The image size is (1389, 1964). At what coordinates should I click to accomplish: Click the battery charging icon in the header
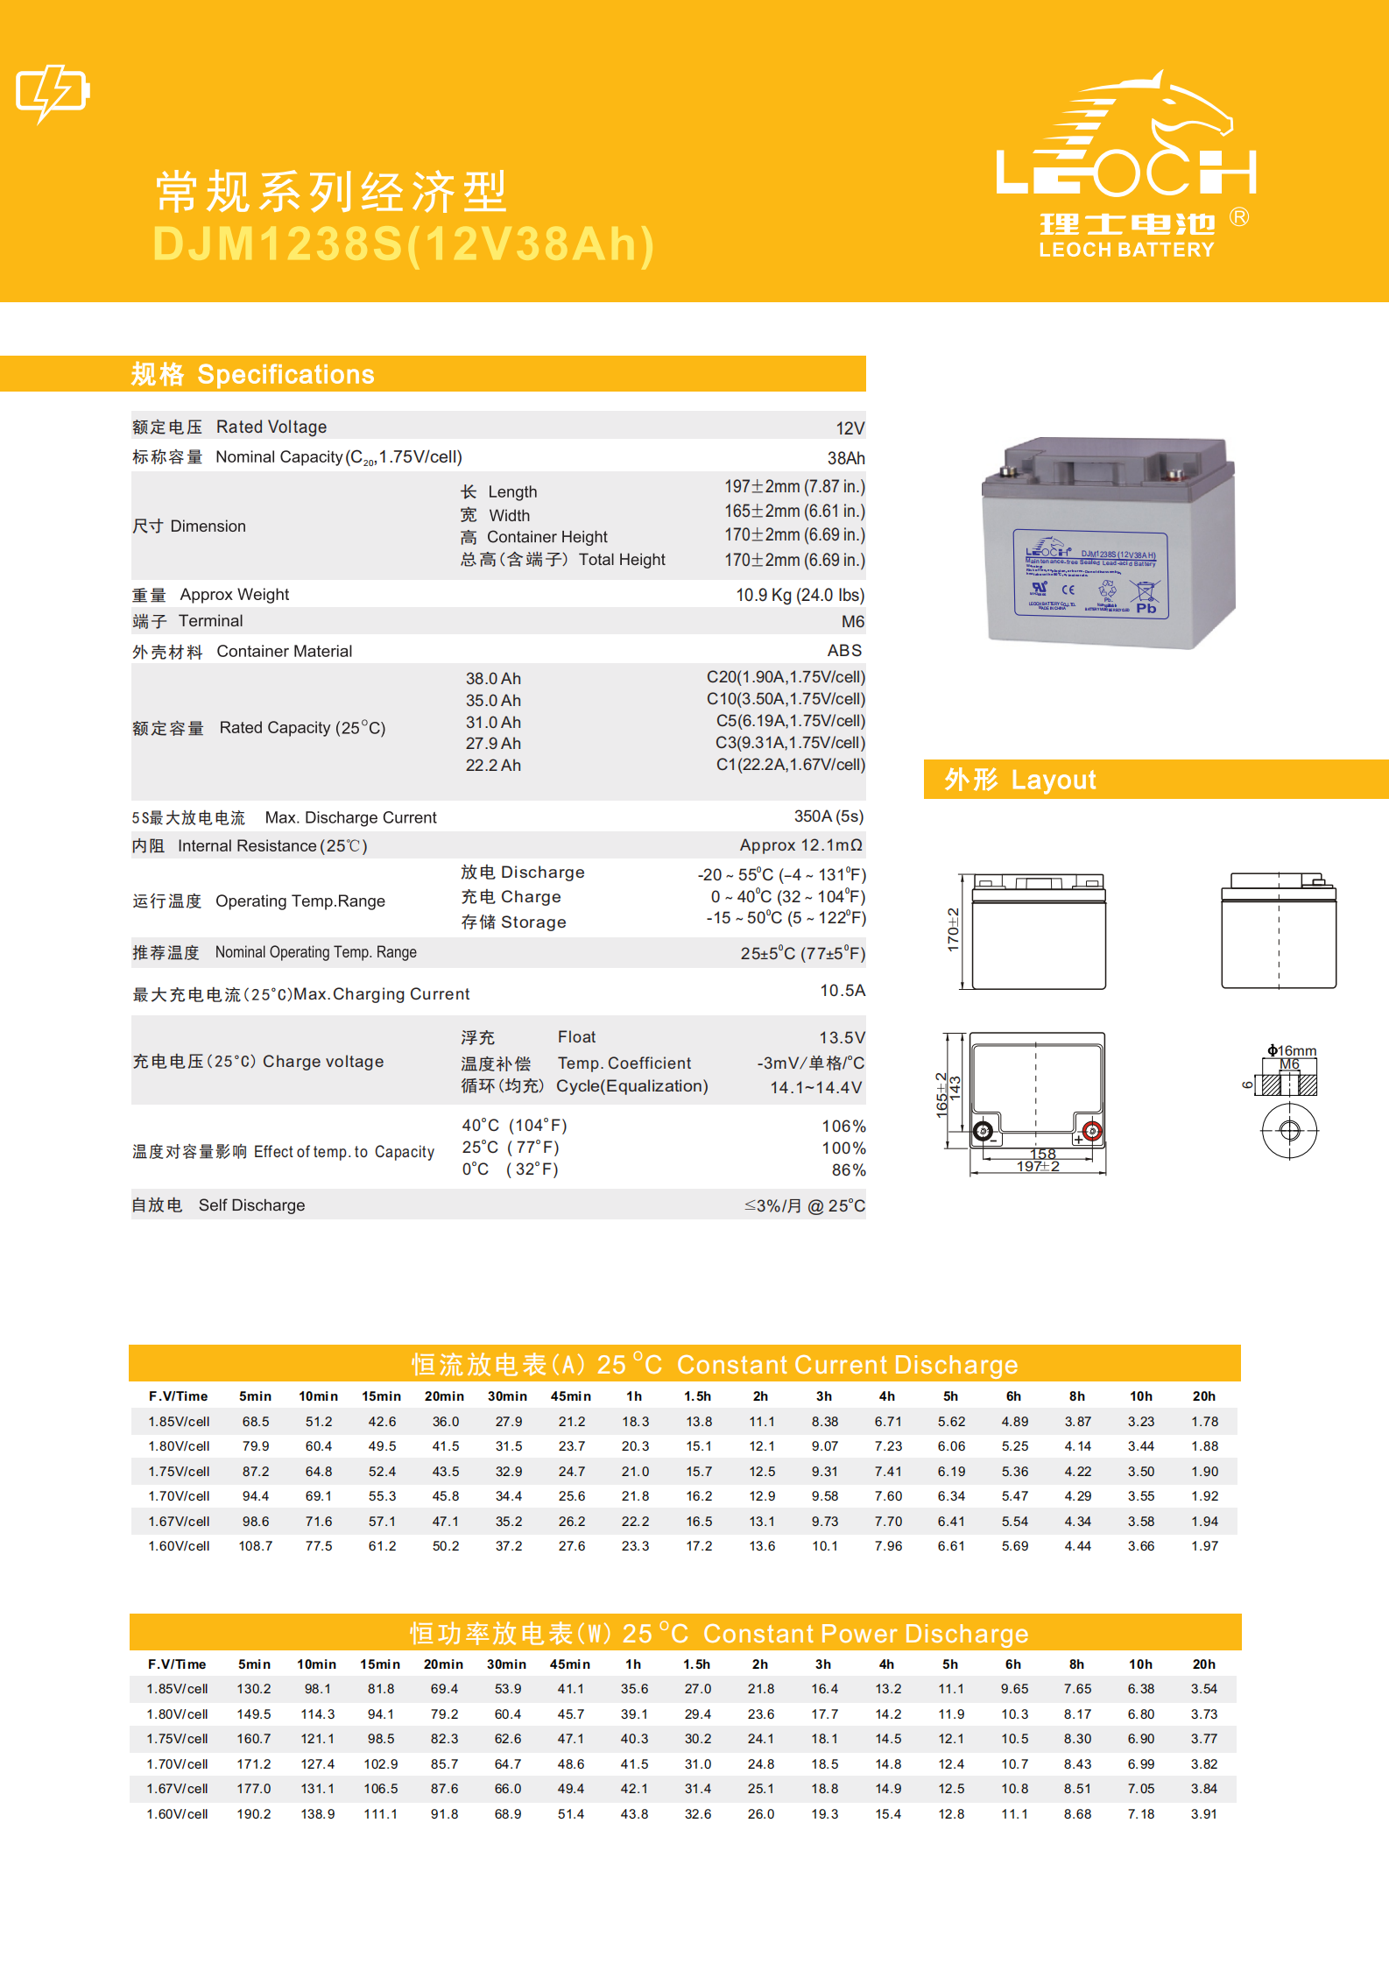pos(53,92)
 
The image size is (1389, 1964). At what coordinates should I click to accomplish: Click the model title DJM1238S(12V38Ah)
pos(404,244)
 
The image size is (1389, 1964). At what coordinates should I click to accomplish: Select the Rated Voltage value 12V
pos(850,428)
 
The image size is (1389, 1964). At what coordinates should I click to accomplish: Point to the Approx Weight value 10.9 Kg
pos(800,596)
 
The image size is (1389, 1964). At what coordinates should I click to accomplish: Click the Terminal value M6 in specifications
pos(852,622)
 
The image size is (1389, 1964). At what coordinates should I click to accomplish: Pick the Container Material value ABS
pos(844,651)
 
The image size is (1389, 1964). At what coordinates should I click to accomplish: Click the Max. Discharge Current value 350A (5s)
pos(828,816)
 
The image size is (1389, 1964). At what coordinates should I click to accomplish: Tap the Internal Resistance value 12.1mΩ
pos(800,845)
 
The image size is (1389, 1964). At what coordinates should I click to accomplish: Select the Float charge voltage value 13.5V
pos(842,1038)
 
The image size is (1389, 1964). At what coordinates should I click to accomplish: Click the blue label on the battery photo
pos(1091,574)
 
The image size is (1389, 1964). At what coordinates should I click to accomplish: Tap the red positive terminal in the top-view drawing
pos(1091,1130)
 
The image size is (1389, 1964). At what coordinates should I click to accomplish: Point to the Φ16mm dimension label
pos(1292,1050)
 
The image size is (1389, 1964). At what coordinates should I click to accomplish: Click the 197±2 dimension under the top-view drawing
pos(1038,1167)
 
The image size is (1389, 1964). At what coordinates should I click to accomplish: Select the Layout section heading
pos(1020,780)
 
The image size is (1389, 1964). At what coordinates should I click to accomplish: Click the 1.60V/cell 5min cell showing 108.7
pos(256,1546)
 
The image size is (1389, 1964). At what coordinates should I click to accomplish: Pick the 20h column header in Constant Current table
pos(1204,1396)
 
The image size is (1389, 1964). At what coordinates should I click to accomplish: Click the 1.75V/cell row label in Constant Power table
pos(178,1739)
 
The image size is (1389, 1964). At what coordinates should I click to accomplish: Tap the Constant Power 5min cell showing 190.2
pos(254,1814)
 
